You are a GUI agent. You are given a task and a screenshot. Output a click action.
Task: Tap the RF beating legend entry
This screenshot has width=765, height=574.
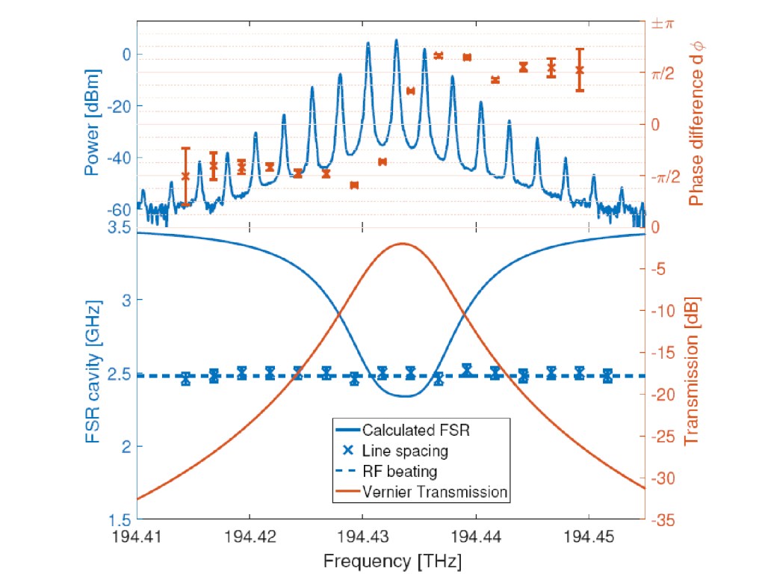400,472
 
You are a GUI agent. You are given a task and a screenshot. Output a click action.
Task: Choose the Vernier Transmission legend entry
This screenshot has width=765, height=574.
435,492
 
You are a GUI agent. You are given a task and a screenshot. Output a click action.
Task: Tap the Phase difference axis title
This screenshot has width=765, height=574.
696,125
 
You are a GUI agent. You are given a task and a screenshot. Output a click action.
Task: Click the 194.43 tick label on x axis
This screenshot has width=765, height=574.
362,537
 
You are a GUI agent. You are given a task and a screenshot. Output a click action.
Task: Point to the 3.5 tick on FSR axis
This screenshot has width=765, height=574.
120,227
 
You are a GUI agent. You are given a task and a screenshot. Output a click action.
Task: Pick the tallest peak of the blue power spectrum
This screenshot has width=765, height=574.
396,40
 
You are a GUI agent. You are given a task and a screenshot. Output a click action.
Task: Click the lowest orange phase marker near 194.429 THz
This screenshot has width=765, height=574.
354,185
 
